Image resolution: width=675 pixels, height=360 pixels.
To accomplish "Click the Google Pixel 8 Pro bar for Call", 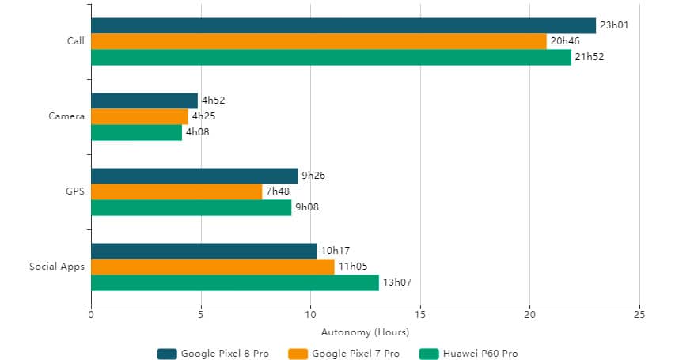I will [x=343, y=25].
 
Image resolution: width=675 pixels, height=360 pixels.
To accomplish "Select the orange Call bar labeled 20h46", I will [x=319, y=41].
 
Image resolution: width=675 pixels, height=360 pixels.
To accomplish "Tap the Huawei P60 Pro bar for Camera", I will [x=136, y=132].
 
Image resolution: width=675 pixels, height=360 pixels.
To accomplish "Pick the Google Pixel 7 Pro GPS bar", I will [x=176, y=191].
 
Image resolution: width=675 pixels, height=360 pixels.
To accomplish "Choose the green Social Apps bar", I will [x=235, y=282].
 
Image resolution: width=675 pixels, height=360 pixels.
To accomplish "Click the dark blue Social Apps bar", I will [x=204, y=251].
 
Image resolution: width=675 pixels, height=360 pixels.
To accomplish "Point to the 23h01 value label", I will [x=613, y=25].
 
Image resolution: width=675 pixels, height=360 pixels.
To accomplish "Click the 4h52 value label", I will [x=214, y=100].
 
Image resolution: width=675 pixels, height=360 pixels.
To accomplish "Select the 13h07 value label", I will [x=396, y=282].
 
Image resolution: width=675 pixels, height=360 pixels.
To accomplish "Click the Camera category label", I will [x=66, y=116].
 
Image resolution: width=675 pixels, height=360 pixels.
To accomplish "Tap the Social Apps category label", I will [x=56, y=267].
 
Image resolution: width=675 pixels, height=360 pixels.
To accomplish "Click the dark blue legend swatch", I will [x=167, y=354].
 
